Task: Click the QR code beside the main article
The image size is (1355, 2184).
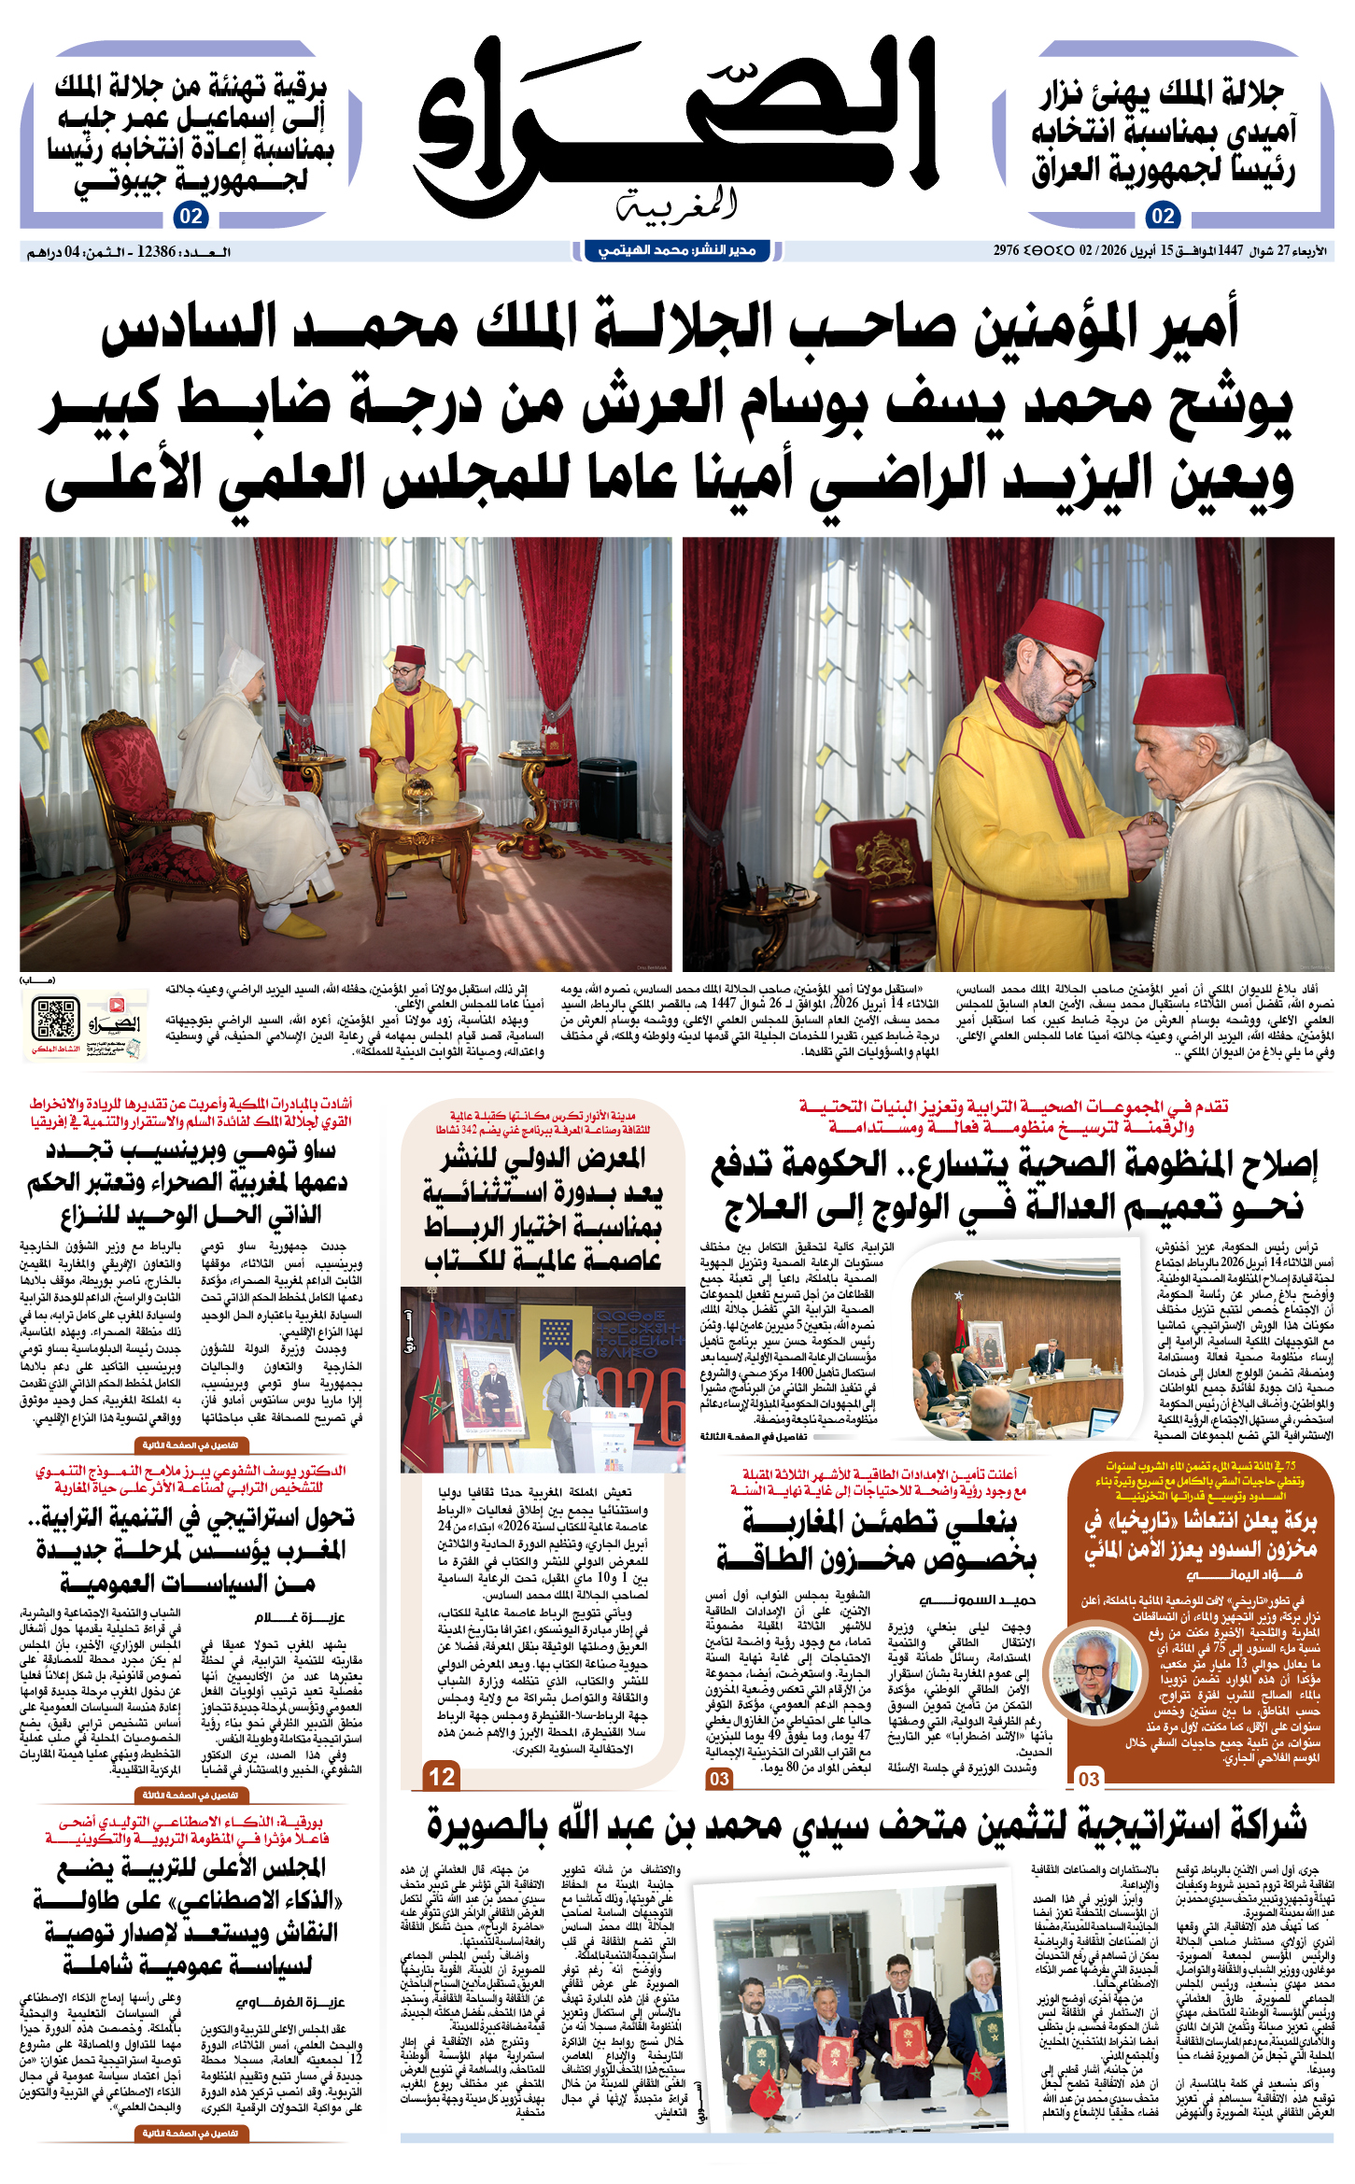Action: [x=55, y=1019]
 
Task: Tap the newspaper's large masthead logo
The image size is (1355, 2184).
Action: [x=675, y=126]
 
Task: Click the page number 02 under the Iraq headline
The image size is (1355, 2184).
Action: [x=1162, y=217]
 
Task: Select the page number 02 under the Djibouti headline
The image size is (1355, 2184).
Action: [x=191, y=217]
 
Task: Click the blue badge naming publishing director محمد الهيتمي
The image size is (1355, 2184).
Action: [x=676, y=250]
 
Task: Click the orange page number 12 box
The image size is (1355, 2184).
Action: [x=442, y=1776]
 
